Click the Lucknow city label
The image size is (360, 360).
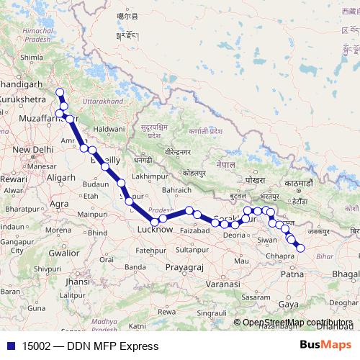154,230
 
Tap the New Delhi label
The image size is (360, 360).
30,150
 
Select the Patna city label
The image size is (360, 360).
290,274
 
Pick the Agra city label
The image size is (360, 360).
60,204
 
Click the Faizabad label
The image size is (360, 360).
194,230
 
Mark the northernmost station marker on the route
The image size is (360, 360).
60,92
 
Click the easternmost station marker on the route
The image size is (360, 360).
301,248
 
